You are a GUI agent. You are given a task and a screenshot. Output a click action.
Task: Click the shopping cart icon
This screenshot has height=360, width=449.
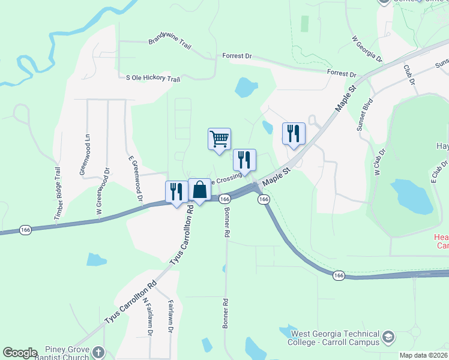tap(219, 139)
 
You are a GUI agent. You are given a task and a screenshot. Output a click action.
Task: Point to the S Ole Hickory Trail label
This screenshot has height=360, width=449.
tap(152, 79)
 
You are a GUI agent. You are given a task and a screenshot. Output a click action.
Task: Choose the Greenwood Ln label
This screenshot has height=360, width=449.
tap(84, 155)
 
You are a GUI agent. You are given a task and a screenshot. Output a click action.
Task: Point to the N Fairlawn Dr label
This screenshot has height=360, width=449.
tap(149, 316)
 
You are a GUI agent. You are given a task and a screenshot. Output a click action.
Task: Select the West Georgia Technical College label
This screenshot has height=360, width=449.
tap(335, 338)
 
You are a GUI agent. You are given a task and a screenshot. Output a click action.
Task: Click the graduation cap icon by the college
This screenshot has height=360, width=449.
tap(389, 338)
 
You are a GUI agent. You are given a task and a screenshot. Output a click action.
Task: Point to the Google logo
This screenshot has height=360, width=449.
tap(20, 353)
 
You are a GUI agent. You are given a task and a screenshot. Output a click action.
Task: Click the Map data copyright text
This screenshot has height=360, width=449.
tap(424, 355)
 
